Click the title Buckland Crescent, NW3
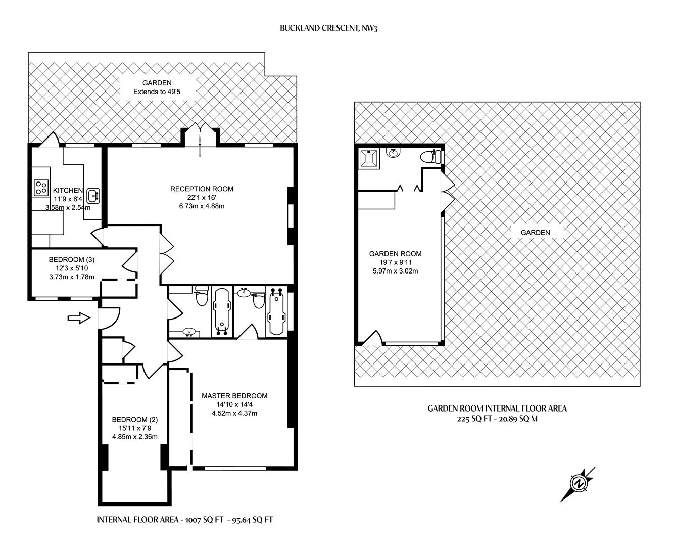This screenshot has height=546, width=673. coord(329,28)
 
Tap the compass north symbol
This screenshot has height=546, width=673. coord(578,484)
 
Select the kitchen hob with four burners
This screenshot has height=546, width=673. coord(40,188)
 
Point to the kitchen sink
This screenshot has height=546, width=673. coord(93,194)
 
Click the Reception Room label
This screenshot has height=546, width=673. coord(202,189)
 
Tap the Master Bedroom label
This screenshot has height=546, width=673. coord(234,396)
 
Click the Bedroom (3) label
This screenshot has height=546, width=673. coord(72,260)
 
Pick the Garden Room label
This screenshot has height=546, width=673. coord(395,254)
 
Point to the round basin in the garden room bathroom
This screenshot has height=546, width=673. coord(393,152)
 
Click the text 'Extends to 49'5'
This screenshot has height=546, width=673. coord(157,92)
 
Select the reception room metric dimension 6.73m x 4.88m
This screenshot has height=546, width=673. coord(202,206)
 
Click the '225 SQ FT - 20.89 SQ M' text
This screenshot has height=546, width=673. coord(497,419)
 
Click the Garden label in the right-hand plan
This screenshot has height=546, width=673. coord(535,233)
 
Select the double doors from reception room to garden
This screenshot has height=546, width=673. coord(200,135)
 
